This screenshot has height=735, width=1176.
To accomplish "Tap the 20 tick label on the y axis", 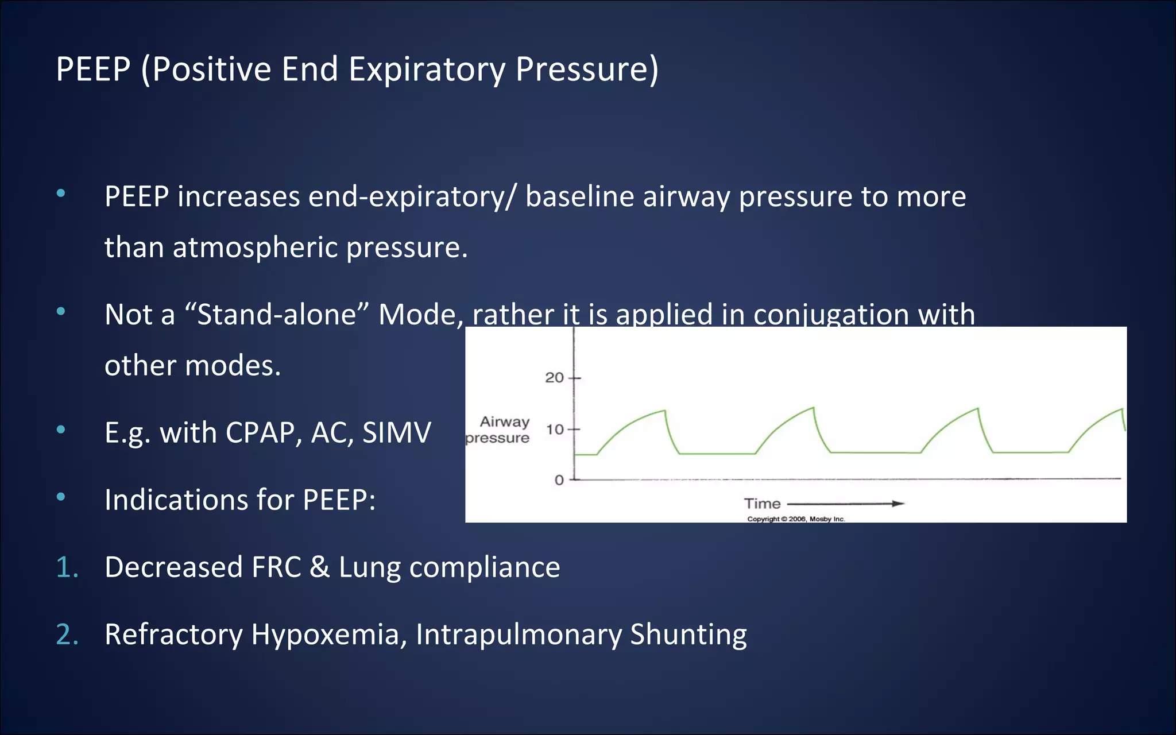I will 554,378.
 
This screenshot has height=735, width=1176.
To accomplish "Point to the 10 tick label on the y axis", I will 554,430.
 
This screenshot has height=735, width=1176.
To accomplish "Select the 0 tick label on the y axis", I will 559,480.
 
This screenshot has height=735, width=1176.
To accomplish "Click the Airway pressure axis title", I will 498,430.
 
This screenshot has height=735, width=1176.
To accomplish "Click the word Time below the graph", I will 762,504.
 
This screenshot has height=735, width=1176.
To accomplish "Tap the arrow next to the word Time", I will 845,504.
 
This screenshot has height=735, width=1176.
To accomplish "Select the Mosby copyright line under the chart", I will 796,519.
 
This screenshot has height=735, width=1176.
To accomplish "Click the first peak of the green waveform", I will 664,411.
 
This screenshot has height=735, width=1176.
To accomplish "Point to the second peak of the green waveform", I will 813,408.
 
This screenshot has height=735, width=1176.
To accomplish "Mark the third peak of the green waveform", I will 977,409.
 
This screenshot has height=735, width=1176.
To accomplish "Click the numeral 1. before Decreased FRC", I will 67,567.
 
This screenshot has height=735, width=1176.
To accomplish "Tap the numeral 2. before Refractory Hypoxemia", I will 67,635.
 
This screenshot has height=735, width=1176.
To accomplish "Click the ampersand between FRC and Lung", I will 319,567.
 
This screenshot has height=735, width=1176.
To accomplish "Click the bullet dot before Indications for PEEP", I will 61,497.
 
